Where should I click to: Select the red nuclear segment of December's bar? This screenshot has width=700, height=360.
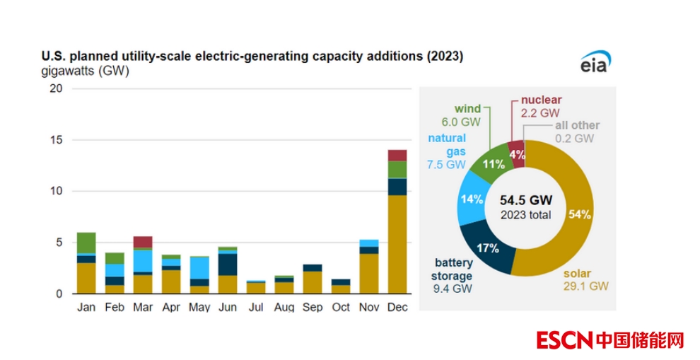pos(397,156)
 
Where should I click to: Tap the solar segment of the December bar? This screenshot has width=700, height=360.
pos(397,244)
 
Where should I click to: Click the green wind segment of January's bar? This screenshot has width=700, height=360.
pos(86,242)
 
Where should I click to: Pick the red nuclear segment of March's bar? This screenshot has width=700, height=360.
pos(143,242)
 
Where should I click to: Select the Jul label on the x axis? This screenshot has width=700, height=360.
pos(256,308)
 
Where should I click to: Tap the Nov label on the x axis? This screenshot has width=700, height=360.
pos(369,308)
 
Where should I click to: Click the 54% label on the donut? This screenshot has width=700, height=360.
pos(579,214)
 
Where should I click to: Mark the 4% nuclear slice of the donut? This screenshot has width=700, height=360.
pos(517,153)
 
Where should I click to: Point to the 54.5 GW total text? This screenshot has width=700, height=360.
pos(525,201)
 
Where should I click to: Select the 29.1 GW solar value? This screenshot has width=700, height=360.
pos(587,286)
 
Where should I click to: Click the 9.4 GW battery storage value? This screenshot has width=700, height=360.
pos(450,288)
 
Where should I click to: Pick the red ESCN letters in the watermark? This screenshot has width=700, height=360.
pos(564,340)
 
